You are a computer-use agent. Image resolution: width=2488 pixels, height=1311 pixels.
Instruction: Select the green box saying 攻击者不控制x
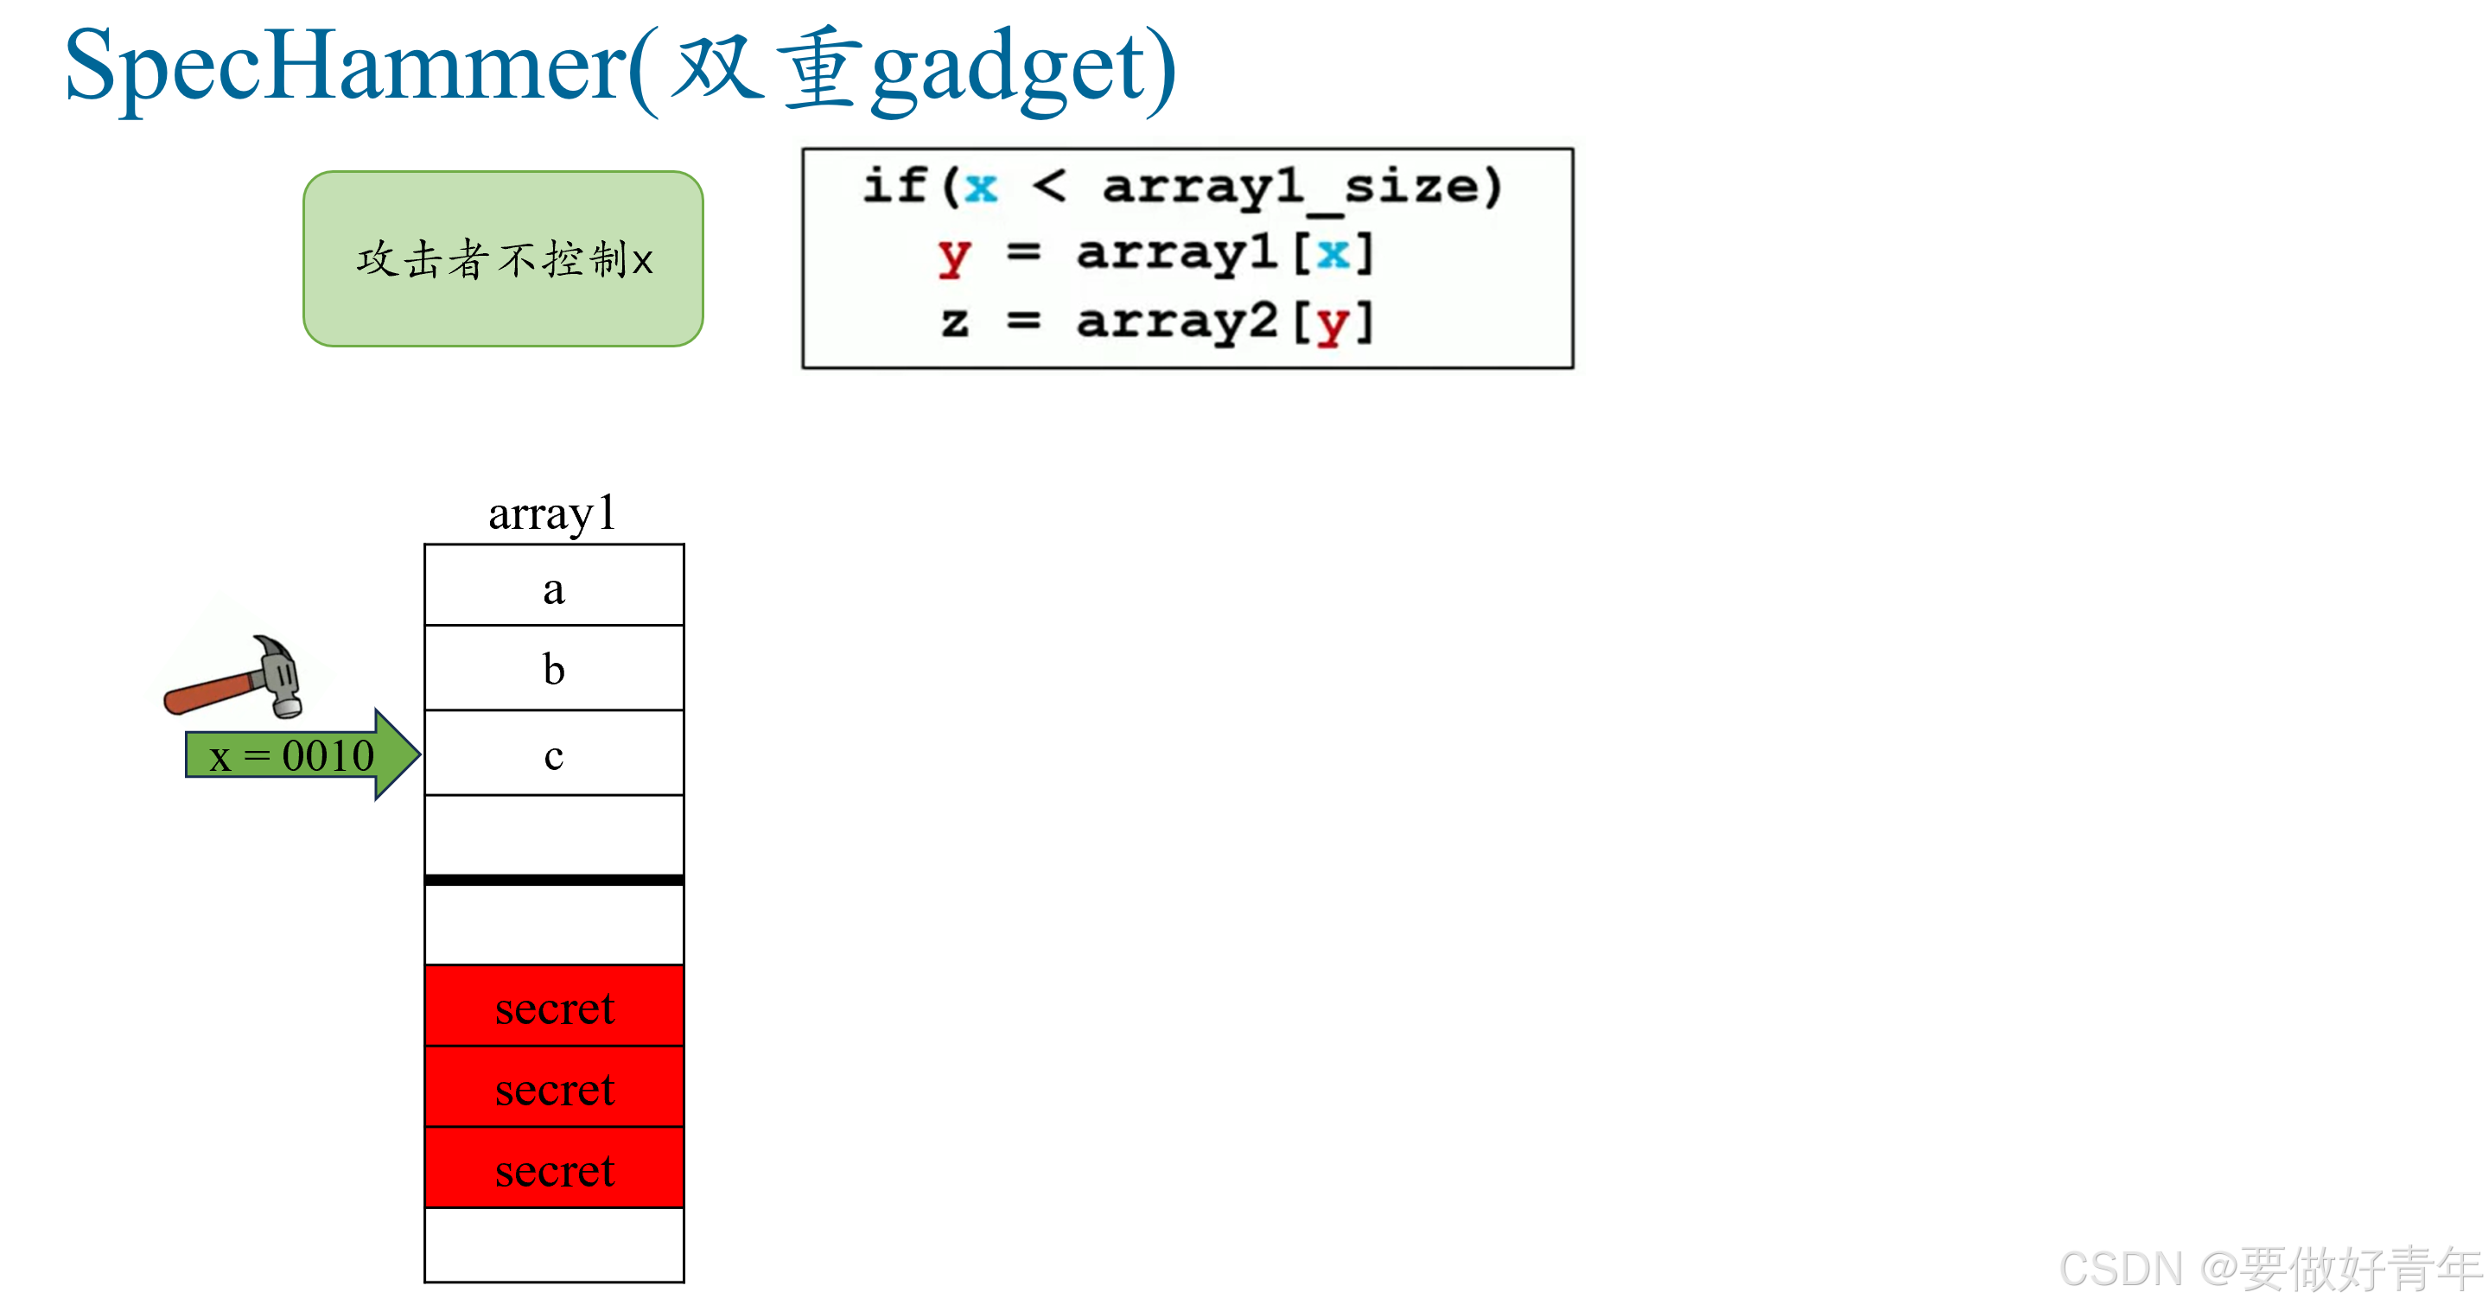tap(503, 259)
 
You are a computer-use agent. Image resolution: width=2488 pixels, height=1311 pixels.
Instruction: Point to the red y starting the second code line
tap(953, 256)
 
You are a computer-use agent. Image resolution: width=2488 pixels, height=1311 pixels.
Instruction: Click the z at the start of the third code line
tap(954, 321)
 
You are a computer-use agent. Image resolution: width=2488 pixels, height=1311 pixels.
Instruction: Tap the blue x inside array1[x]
tap(1333, 253)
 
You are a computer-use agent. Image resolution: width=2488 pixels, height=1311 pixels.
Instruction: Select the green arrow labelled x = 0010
tap(299, 754)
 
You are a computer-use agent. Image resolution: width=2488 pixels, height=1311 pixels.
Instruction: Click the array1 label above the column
tap(551, 513)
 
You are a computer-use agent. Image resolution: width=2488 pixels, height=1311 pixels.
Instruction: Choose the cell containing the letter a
tap(553, 587)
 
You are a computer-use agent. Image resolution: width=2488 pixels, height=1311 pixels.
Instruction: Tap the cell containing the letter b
tap(553, 669)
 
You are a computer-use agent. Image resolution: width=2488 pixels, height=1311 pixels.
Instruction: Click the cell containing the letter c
tap(553, 754)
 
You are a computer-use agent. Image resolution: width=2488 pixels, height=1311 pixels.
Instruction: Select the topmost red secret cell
tap(553, 1007)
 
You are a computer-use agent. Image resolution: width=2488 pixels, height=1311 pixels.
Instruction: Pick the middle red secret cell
tap(553, 1088)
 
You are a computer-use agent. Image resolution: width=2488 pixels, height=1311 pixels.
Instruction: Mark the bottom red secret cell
tap(553, 1169)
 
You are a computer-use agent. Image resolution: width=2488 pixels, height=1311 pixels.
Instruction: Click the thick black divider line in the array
tap(553, 880)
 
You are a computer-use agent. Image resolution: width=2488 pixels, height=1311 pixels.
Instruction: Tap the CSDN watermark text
tap(2269, 1269)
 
